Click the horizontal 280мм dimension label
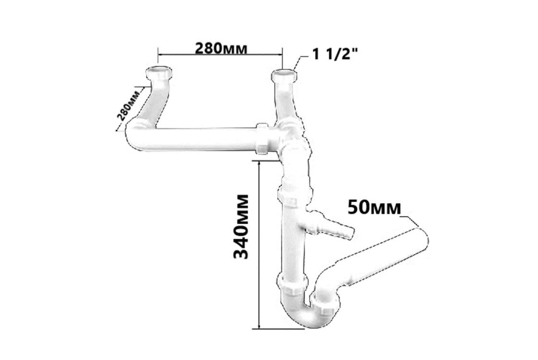221,48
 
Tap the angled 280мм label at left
128,104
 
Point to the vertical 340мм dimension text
241,227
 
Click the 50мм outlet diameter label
374,207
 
